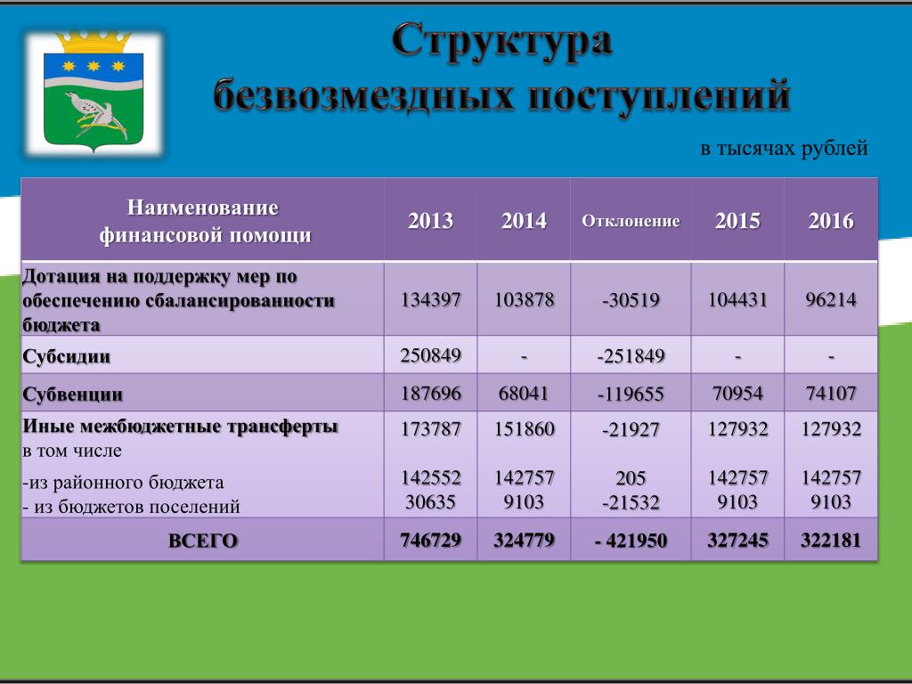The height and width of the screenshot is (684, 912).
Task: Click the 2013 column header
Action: (x=430, y=221)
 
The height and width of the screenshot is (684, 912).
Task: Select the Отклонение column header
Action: (x=631, y=221)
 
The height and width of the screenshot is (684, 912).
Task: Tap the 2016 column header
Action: (x=831, y=221)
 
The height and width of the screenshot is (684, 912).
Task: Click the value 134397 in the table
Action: (x=430, y=300)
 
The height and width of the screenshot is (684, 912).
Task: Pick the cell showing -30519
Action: (x=631, y=300)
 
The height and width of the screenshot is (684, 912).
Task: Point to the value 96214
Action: (x=831, y=300)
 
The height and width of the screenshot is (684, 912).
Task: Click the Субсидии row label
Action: (x=66, y=356)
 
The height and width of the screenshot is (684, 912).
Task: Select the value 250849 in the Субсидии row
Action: (x=430, y=355)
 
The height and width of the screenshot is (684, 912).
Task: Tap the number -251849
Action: (x=631, y=356)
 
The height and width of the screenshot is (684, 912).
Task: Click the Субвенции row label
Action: (x=73, y=395)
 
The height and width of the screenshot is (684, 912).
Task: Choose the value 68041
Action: (x=524, y=394)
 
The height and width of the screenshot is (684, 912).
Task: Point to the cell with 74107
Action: (x=831, y=394)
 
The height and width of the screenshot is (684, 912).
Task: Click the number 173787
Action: (x=430, y=429)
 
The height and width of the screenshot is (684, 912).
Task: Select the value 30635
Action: (x=430, y=501)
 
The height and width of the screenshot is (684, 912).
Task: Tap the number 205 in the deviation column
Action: (x=631, y=478)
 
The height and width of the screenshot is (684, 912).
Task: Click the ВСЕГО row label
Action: (x=203, y=541)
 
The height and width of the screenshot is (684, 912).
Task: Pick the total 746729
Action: (x=430, y=541)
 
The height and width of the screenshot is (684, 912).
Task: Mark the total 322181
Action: (x=831, y=541)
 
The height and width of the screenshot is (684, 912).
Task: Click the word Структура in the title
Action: (x=502, y=42)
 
